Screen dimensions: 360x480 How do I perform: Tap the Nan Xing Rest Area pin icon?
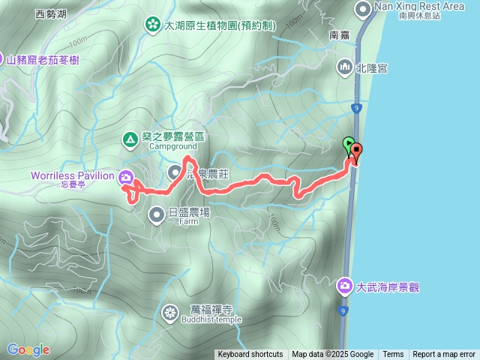click(364, 10)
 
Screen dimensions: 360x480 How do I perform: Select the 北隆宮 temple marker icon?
click(345, 67)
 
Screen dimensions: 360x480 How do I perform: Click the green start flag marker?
click(349, 143)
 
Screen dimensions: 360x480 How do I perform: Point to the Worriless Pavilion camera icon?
click(126, 178)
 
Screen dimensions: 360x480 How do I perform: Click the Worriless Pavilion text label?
click(72, 175)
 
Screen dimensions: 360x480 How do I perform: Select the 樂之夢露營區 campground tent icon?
click(130, 138)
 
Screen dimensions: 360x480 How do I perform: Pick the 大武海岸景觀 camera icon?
click(345, 286)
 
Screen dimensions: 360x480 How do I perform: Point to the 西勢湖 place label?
click(51, 13)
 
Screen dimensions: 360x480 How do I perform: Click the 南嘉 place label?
click(340, 34)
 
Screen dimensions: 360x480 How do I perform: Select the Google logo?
click(28, 349)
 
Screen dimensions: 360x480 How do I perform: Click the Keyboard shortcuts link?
click(250, 355)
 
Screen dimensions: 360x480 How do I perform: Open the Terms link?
click(393, 355)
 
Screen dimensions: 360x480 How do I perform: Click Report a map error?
click(445, 355)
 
